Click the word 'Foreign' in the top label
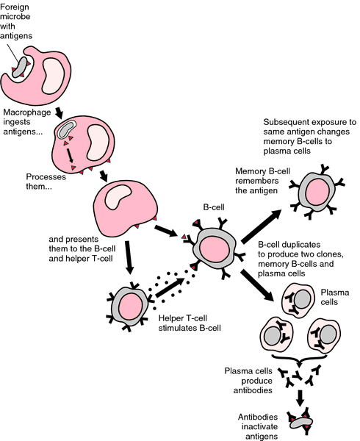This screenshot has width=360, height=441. pos(15,7)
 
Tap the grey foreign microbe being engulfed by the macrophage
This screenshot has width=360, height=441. pos(20,67)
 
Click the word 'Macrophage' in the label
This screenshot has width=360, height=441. pos(27,112)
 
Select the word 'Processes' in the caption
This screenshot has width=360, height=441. pos(46,176)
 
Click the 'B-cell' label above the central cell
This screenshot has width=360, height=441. pos(214,207)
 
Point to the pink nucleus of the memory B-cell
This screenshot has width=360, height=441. pos(317,193)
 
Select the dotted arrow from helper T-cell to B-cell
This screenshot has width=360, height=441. pos(170,287)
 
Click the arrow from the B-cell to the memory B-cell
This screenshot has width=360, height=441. pos(262,226)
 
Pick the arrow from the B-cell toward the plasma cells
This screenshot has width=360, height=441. pos(257,284)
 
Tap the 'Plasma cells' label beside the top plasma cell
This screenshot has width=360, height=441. pos(335,297)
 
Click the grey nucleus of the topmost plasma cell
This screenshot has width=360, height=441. pos(303,299)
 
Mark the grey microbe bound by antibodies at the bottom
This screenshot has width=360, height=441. pos(301,423)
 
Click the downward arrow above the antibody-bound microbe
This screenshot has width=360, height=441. pos(300,398)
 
